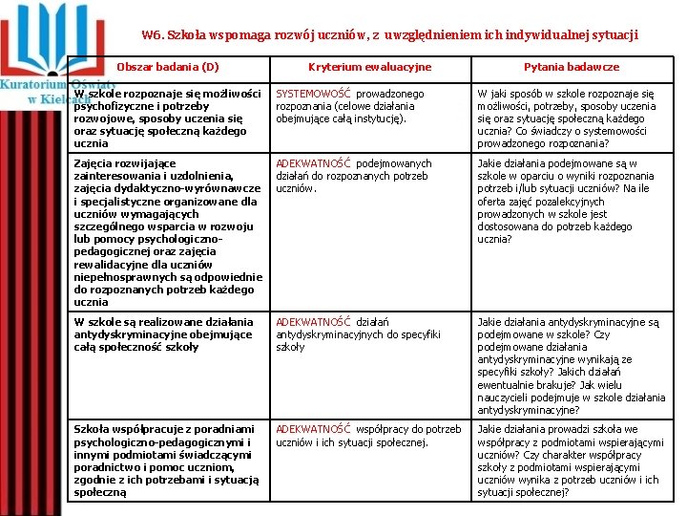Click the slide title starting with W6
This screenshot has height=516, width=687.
(x=389, y=35)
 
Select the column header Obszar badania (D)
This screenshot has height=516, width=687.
(x=168, y=67)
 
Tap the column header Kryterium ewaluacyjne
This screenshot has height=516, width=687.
(x=369, y=67)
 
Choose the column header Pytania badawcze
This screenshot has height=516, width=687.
(x=572, y=67)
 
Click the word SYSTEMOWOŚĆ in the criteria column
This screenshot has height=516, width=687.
(x=314, y=95)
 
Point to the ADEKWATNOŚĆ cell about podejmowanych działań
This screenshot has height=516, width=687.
(x=353, y=176)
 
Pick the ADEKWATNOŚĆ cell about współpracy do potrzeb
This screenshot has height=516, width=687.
(x=367, y=436)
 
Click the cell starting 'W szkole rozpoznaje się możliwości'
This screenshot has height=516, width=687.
(x=168, y=118)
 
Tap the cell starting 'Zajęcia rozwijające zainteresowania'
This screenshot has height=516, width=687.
(x=168, y=232)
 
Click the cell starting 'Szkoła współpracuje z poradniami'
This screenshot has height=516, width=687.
(x=168, y=461)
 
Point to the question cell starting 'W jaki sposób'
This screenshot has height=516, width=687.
(x=572, y=118)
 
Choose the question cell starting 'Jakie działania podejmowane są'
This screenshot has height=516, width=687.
(x=572, y=201)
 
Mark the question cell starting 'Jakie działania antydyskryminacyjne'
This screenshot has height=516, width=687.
(x=572, y=366)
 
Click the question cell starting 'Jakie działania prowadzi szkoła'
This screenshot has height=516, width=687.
(x=572, y=461)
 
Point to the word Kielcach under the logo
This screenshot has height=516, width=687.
(x=65, y=98)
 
